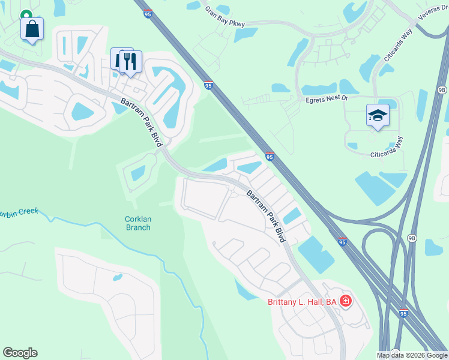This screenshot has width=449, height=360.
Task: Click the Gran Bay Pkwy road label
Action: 225,16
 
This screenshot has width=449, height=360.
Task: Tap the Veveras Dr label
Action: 428,23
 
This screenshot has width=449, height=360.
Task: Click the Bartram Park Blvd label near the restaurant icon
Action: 140,119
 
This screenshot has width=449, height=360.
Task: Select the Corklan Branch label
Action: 137,223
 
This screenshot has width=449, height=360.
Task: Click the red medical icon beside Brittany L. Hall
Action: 345,301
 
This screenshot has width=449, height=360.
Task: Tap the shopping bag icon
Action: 32,28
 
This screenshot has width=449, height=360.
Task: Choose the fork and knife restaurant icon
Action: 130,61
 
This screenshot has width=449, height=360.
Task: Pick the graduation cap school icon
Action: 378,115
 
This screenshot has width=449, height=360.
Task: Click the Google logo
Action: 20,353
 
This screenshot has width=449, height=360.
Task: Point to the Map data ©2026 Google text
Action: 412,355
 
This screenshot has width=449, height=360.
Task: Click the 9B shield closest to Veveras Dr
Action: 442,90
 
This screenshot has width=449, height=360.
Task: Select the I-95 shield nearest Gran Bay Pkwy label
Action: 148,13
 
